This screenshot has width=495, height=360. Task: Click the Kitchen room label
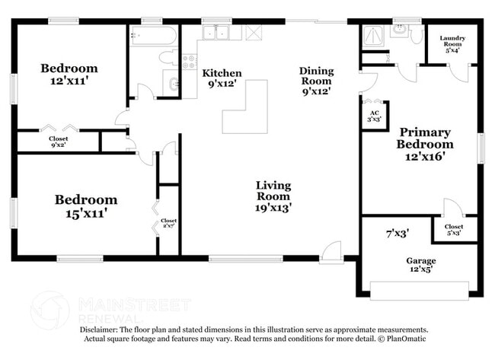pos(222,78)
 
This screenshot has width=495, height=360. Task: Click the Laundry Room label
pos(452,45)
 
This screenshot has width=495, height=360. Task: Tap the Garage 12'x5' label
pos(420,265)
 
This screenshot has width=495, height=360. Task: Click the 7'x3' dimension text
pos(398,233)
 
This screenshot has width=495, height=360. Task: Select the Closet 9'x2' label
pos(59,142)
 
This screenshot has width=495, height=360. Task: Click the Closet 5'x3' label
pos(454,230)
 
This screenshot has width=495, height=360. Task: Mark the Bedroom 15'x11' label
pos(85,206)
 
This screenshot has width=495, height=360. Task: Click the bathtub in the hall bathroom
pos(153,35)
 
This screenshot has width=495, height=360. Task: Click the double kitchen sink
pos(221,33)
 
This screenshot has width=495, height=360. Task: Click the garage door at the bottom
pos(419,290)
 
